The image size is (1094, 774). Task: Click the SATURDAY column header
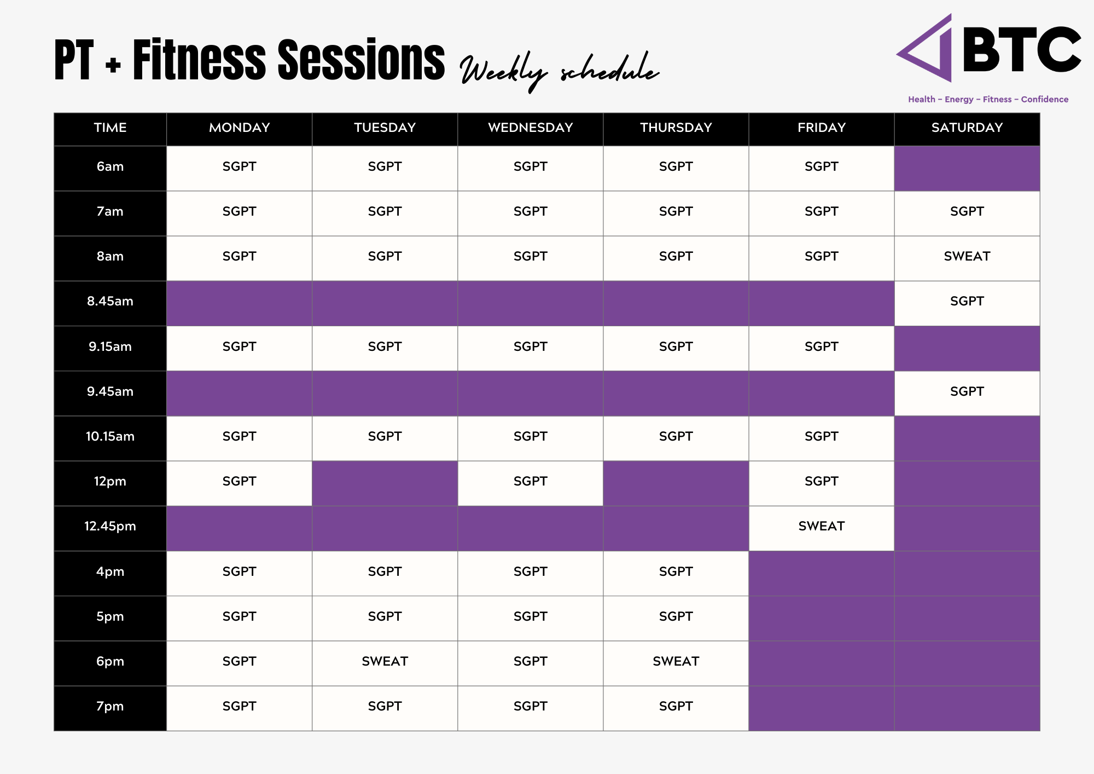tap(967, 128)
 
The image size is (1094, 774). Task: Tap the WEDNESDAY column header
tap(530, 128)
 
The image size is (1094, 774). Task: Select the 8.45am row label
tap(110, 302)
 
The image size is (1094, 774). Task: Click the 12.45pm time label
tap(110, 527)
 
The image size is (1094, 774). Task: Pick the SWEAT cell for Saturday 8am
tap(967, 257)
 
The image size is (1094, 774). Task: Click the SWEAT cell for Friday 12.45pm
tap(821, 527)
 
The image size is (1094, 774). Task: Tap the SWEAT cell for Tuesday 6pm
tap(385, 662)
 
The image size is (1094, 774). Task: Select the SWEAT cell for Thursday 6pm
tap(676, 662)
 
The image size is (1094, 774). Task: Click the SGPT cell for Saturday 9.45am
tap(967, 392)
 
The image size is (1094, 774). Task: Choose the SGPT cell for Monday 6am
tap(239, 167)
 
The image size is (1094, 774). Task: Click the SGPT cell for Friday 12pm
tap(821, 482)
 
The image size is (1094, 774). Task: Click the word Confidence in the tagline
tap(1044, 100)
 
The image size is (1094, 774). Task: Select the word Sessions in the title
tap(361, 60)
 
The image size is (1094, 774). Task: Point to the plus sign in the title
tap(113, 66)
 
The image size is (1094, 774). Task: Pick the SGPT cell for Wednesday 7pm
tap(530, 707)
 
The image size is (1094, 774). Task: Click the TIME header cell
tap(110, 128)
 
